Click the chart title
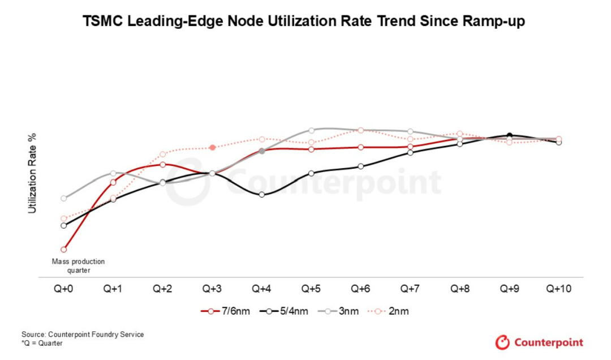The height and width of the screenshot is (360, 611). coord(304,22)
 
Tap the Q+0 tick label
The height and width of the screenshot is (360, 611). coord(63,289)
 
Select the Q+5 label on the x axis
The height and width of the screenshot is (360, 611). coord(311,289)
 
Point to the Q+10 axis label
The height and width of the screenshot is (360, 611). coord(559,289)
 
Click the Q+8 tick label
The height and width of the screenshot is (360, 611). coord(460,289)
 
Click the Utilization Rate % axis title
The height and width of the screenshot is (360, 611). coord(32,173)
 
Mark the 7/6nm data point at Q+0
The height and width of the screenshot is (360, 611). coord(64,249)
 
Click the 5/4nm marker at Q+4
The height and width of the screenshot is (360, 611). coord(262,195)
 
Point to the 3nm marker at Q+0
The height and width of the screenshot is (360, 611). coord(64,198)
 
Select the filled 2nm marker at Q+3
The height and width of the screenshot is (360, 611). coord(212,148)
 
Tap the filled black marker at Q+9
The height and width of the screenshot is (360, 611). coord(510,135)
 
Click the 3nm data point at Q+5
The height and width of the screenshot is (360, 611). coord(311,130)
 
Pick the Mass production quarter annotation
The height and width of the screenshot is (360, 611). coord(79,266)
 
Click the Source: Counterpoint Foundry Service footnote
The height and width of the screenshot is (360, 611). coord(83,335)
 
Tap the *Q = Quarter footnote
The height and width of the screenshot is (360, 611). coord(42,343)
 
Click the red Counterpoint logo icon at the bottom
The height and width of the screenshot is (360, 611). coord(502,342)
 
